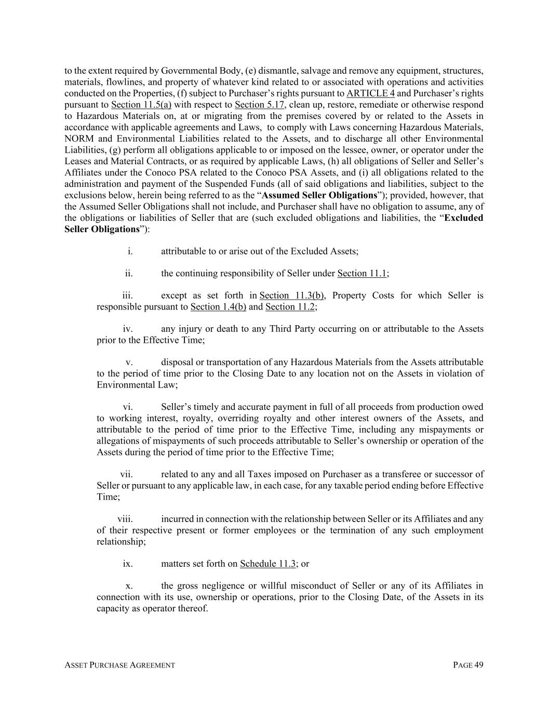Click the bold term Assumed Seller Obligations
tap(320, 195)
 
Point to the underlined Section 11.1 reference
tap(362, 274)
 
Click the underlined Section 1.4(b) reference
tap(218, 307)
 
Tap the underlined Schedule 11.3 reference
tap(268, 564)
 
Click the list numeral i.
tap(130, 251)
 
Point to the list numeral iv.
tap(128, 329)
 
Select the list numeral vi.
tap(128, 407)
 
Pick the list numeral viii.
tap(125, 519)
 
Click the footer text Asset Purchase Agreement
tap(119, 665)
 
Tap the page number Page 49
tap(468, 665)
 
